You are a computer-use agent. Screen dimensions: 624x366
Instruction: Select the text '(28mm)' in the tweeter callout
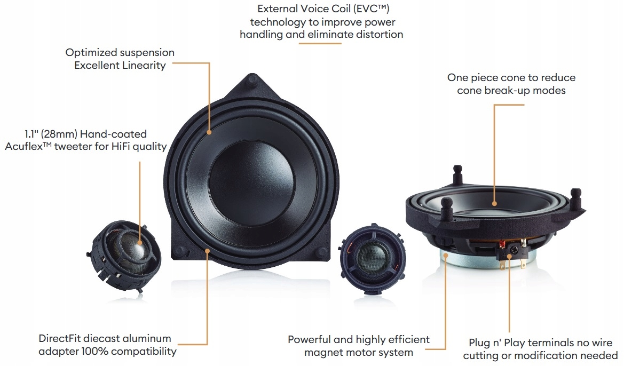68,134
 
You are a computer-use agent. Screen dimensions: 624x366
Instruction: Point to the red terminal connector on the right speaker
502,245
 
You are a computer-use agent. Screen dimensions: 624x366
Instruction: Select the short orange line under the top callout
320,43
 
